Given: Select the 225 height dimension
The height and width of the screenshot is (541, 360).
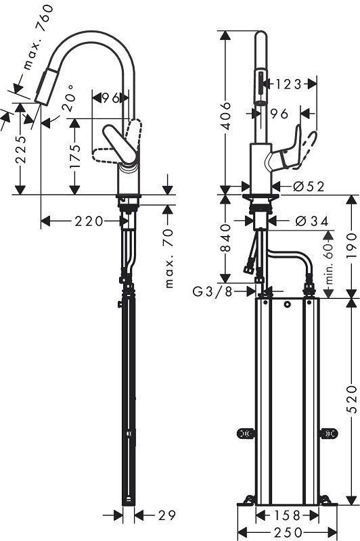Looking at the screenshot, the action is click(x=21, y=149).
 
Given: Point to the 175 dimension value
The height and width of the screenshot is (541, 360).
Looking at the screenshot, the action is click(x=74, y=157).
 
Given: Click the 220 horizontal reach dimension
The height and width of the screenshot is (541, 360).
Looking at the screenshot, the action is click(x=89, y=221).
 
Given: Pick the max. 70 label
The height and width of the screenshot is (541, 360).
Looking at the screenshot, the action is click(x=168, y=258).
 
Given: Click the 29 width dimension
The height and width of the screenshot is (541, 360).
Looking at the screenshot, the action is click(x=167, y=515).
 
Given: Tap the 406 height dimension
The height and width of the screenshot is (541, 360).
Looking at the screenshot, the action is click(x=225, y=116).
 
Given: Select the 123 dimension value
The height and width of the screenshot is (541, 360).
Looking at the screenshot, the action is click(x=288, y=84).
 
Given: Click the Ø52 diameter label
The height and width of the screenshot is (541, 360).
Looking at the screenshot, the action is click(x=309, y=187).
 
